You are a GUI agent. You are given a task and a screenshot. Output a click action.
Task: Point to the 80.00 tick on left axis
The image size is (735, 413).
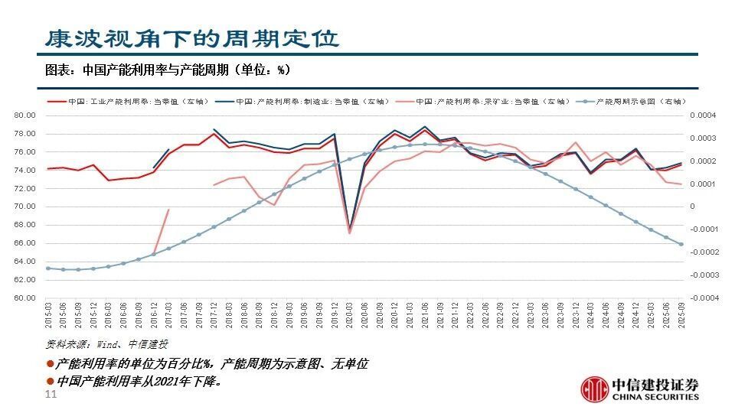[x=25, y=115]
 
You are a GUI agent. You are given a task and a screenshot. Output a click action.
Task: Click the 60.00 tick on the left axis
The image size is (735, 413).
[x=25, y=298]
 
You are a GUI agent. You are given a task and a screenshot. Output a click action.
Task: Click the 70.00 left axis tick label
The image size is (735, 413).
[x=25, y=206]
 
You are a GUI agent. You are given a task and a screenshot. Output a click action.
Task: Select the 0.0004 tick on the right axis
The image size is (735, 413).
[x=704, y=115]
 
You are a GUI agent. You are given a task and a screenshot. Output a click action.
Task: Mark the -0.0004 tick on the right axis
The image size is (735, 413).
[x=704, y=298]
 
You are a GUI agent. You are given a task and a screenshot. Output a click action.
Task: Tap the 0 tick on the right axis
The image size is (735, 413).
[x=693, y=206]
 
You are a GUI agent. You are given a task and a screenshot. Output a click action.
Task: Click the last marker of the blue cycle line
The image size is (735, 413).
[x=681, y=245]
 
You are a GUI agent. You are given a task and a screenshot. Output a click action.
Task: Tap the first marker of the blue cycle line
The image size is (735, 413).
[x=48, y=268]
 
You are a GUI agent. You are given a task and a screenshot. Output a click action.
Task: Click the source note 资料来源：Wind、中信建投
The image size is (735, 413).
[x=107, y=343]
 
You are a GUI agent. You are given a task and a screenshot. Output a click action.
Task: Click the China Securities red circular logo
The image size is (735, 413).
[x=593, y=389]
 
